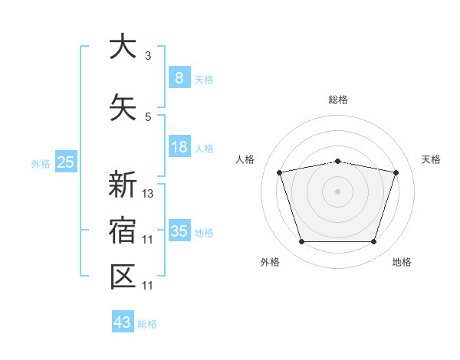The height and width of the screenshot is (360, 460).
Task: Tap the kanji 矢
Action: click(x=123, y=107)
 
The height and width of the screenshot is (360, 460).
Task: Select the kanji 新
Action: click(x=123, y=185)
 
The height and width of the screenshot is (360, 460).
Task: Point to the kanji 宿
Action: click(x=123, y=231)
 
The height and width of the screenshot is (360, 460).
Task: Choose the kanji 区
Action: click(x=123, y=277)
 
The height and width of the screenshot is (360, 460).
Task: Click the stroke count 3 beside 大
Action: click(x=148, y=56)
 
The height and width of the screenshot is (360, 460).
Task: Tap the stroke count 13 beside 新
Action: click(x=148, y=194)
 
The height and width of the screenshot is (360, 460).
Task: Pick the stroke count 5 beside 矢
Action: click(x=148, y=117)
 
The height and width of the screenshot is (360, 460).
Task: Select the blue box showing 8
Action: click(x=179, y=77)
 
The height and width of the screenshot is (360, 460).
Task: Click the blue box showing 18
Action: click(x=179, y=147)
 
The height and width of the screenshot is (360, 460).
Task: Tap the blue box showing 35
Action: click(x=179, y=231)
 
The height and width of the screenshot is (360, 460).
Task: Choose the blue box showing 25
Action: click(x=65, y=162)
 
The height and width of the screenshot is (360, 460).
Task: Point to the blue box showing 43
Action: click(x=122, y=322)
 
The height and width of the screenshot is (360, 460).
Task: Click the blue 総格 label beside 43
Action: click(x=147, y=324)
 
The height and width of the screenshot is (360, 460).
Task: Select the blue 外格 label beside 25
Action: click(x=40, y=163)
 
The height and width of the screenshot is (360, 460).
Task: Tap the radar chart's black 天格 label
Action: click(x=432, y=159)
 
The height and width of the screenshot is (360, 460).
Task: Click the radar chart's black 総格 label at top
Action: click(x=337, y=100)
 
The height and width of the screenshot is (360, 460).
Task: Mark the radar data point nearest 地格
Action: click(x=373, y=242)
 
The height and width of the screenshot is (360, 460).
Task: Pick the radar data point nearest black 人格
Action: click(x=279, y=172)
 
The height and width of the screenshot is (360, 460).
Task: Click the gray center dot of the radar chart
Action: click(x=337, y=191)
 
